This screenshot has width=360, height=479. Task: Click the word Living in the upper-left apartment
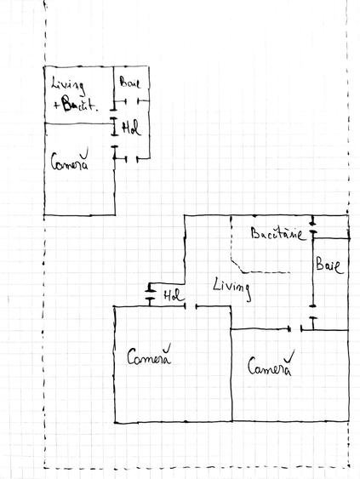tap(67, 85)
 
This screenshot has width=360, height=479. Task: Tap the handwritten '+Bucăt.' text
tap(76, 104)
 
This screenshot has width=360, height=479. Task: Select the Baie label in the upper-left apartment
tap(130, 82)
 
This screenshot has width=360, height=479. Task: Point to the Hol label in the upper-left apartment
tap(132, 128)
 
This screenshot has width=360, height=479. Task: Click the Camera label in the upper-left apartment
tap(70, 160)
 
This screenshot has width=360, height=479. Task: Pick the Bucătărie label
tap(277, 233)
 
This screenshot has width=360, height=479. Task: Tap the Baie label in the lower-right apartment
tap(329, 265)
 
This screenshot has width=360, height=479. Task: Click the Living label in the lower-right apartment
tap(232, 288)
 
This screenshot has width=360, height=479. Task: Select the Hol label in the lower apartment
tap(174, 296)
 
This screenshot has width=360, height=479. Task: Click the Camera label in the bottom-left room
tap(149, 355)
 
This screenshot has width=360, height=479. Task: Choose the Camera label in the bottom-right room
tap(270, 364)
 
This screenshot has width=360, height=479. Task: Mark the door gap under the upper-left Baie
tap(132, 100)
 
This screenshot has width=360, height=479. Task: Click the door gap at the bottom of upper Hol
tap(132, 158)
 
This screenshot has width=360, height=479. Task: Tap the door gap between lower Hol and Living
tap(191, 305)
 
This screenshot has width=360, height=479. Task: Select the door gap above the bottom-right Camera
tap(295, 329)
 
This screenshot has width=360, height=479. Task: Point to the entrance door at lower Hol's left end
tap(150, 294)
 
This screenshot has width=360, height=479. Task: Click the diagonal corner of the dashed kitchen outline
tap(237, 265)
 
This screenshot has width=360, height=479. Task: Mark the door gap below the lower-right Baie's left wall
tap(312, 311)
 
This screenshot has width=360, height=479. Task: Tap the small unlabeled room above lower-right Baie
tap(331, 226)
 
